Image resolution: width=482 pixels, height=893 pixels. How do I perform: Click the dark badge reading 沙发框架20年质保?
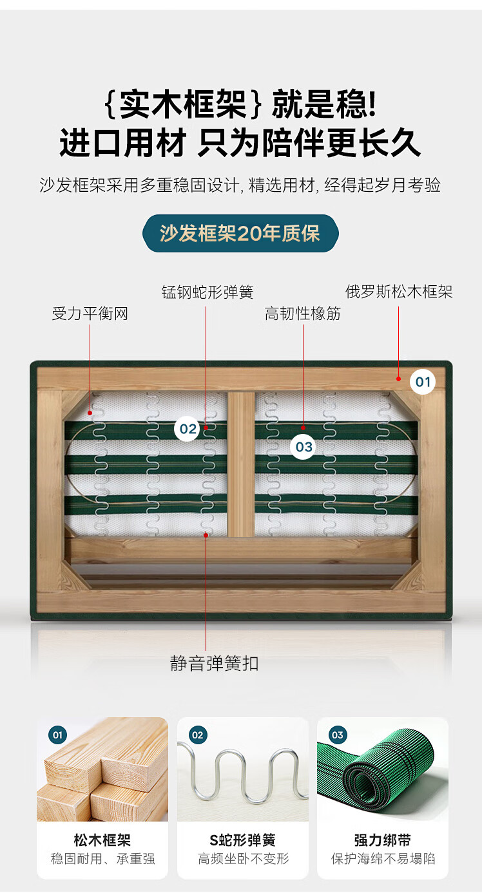tap(240, 233)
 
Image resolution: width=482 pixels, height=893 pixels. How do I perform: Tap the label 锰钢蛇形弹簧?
tap(207, 292)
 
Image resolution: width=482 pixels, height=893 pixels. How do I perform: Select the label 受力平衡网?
tap(90, 314)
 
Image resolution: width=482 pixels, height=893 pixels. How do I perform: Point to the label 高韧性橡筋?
tap(303, 314)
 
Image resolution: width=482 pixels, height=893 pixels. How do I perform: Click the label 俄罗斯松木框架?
tap(399, 292)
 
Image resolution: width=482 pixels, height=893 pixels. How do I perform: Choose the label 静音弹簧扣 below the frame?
tap(215, 663)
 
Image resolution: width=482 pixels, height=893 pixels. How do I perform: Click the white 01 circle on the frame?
tap(423, 382)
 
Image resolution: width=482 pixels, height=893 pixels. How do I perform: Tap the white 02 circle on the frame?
tap(188, 429)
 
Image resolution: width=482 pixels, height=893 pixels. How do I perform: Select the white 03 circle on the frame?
tap(304, 447)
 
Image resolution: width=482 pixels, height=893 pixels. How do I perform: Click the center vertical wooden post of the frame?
tap(241, 464)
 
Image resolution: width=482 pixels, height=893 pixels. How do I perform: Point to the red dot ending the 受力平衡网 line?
tap(90, 413)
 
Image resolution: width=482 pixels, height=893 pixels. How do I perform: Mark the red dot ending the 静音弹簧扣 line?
tap(206, 535)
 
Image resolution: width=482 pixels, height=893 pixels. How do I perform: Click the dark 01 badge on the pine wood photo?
tap(57, 735)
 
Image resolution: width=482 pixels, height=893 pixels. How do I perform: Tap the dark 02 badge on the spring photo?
tap(198, 735)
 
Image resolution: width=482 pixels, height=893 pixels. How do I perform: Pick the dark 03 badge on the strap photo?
tap(338, 735)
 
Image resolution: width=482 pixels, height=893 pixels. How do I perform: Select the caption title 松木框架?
tap(102, 840)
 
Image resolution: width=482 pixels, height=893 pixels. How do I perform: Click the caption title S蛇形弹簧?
tap(242, 840)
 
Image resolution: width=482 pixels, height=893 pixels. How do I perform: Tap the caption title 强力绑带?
tap(383, 840)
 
